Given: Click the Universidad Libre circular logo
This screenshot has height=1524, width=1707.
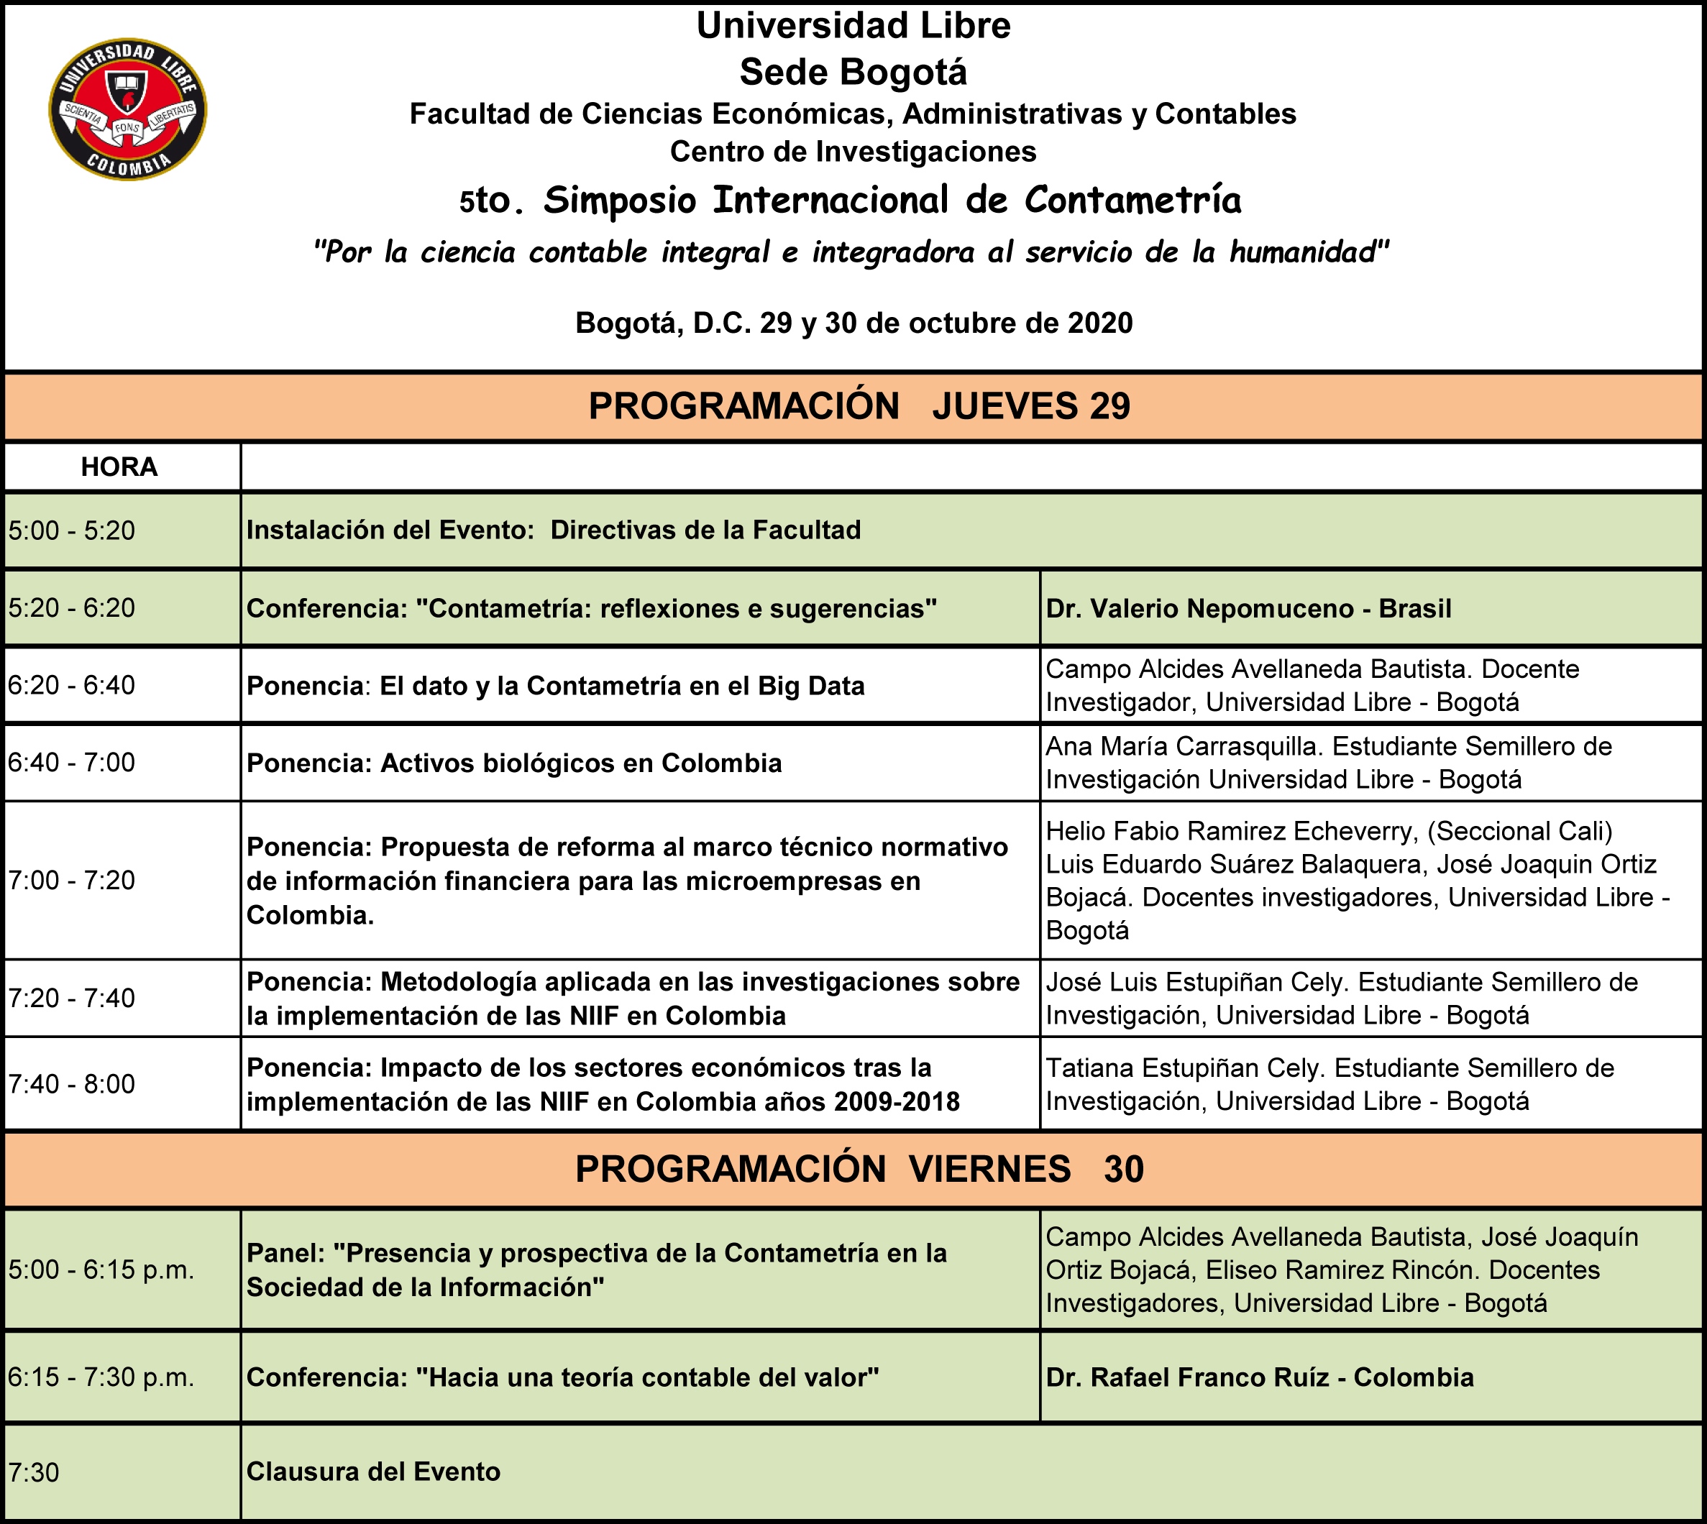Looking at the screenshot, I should [x=127, y=109].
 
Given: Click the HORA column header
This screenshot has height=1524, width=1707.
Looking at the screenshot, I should [x=119, y=467].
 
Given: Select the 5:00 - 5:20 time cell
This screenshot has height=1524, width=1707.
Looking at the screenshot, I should [x=72, y=530].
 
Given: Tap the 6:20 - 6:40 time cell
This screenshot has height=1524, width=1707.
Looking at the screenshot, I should [x=72, y=685].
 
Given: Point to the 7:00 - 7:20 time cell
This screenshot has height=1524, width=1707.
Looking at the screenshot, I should [x=72, y=880].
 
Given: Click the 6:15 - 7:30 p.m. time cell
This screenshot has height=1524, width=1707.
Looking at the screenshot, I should [x=101, y=1377].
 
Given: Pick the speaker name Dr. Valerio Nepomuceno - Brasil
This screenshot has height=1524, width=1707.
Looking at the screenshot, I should [x=1248, y=608].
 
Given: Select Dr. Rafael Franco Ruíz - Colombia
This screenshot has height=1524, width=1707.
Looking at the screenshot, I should [x=1259, y=1377].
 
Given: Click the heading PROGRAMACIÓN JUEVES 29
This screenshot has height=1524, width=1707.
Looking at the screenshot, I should [x=859, y=406].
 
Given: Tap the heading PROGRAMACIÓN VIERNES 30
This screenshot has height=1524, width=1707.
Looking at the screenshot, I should [x=859, y=1169].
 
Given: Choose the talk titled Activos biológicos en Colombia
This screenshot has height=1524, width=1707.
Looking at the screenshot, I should [x=580, y=763].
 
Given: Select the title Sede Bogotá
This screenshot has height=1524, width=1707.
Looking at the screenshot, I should [x=853, y=72].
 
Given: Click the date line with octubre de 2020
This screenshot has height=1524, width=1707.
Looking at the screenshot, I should [x=853, y=323].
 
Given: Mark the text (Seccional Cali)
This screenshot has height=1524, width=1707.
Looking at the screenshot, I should [x=1519, y=831].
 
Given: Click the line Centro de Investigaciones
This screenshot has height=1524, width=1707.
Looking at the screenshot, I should [x=853, y=152].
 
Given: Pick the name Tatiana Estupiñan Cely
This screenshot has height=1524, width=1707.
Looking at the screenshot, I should [x=1183, y=1068].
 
